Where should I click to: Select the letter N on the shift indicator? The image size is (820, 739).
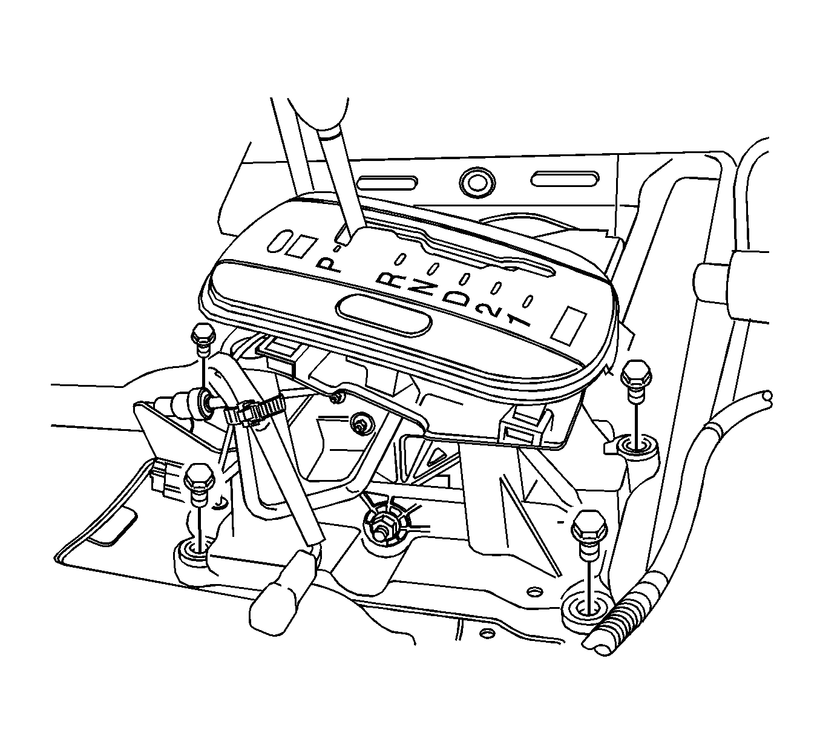pyautogui.click(x=421, y=288)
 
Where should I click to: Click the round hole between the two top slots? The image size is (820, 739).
pyautogui.click(x=477, y=181)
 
